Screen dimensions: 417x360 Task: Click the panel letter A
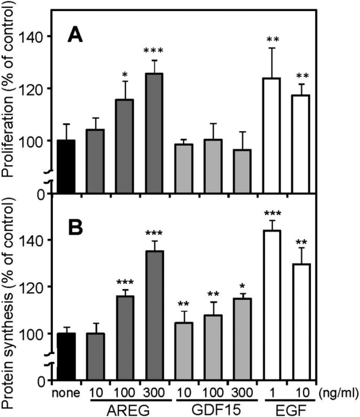[x=76, y=35]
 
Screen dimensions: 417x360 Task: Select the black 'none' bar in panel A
[x=65, y=167]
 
